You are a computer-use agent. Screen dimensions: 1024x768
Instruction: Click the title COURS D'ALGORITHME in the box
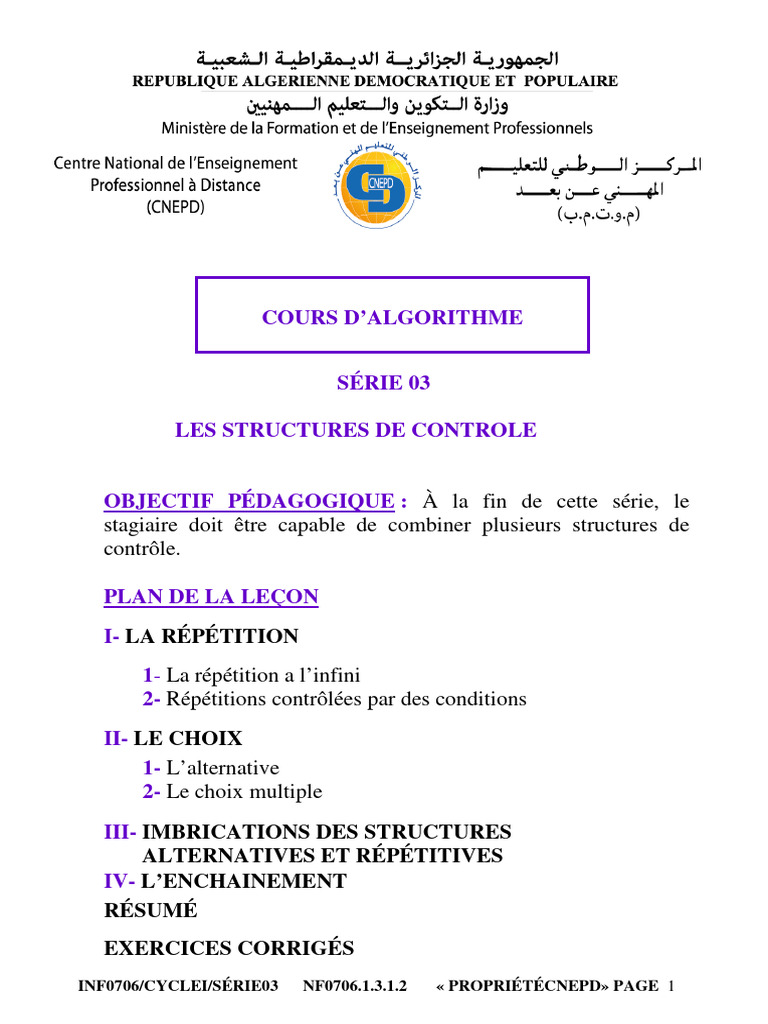[392, 318]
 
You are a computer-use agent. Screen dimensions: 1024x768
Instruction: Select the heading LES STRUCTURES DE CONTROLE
[356, 430]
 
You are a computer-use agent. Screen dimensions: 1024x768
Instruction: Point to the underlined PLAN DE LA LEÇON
[211, 597]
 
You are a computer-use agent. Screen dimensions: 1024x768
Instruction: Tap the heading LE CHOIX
[188, 739]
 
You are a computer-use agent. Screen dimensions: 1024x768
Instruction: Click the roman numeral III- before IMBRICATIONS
[120, 832]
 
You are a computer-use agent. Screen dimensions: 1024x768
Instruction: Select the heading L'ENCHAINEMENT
[244, 881]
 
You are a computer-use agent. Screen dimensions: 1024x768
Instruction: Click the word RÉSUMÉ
[151, 910]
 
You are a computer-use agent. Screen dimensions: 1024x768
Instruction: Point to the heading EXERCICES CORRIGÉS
[229, 948]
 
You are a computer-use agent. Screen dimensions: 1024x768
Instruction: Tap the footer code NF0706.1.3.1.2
[355, 987]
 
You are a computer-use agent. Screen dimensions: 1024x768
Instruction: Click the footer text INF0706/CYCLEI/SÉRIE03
[178, 987]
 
